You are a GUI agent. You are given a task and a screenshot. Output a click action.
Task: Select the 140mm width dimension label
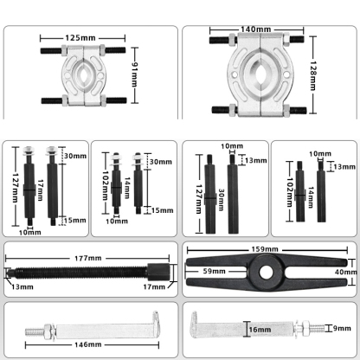coord(257,29)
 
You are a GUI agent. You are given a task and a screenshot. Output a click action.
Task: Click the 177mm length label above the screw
coord(87,258)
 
